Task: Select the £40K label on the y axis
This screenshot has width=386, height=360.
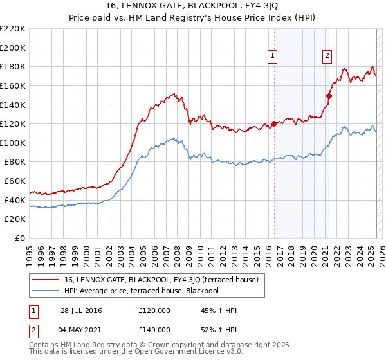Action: (x=15, y=200)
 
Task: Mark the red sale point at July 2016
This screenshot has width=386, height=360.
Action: (x=274, y=123)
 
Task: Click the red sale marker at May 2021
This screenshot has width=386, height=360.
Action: (x=328, y=96)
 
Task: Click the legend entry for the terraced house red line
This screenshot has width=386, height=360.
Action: (x=161, y=280)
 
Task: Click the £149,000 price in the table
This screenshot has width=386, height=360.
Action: (x=154, y=329)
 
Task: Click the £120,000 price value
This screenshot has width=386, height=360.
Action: (x=154, y=310)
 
